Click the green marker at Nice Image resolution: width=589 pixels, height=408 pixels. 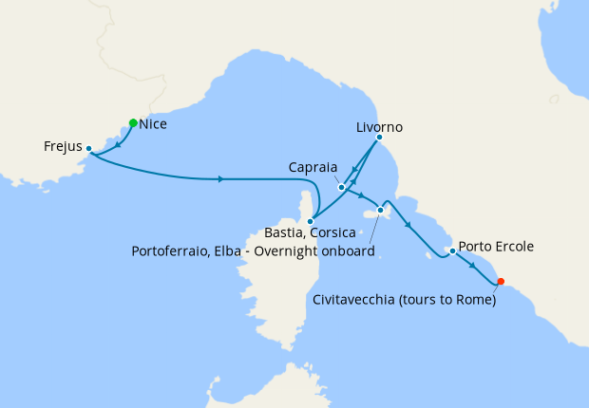click(x=133, y=122)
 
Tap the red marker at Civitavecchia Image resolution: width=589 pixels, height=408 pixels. click(x=502, y=281)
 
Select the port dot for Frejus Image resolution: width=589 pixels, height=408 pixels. click(x=88, y=148)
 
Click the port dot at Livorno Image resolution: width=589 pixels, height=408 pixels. click(x=379, y=138)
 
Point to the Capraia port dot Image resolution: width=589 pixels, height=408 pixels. click(x=341, y=188)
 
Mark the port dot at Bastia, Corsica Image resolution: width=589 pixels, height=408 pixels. click(x=311, y=221)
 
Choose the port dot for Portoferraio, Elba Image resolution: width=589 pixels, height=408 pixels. click(x=381, y=210)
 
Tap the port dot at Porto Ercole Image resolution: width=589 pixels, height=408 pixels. click(x=453, y=251)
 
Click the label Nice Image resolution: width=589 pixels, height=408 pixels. click(x=153, y=124)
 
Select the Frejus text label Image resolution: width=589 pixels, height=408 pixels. click(x=63, y=147)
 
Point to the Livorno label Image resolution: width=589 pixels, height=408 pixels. click(x=380, y=126)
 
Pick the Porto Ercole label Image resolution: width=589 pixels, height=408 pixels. click(x=496, y=247)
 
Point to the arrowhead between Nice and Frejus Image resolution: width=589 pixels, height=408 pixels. click(x=118, y=144)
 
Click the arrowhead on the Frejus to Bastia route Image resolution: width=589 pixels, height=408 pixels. click(x=220, y=179)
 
